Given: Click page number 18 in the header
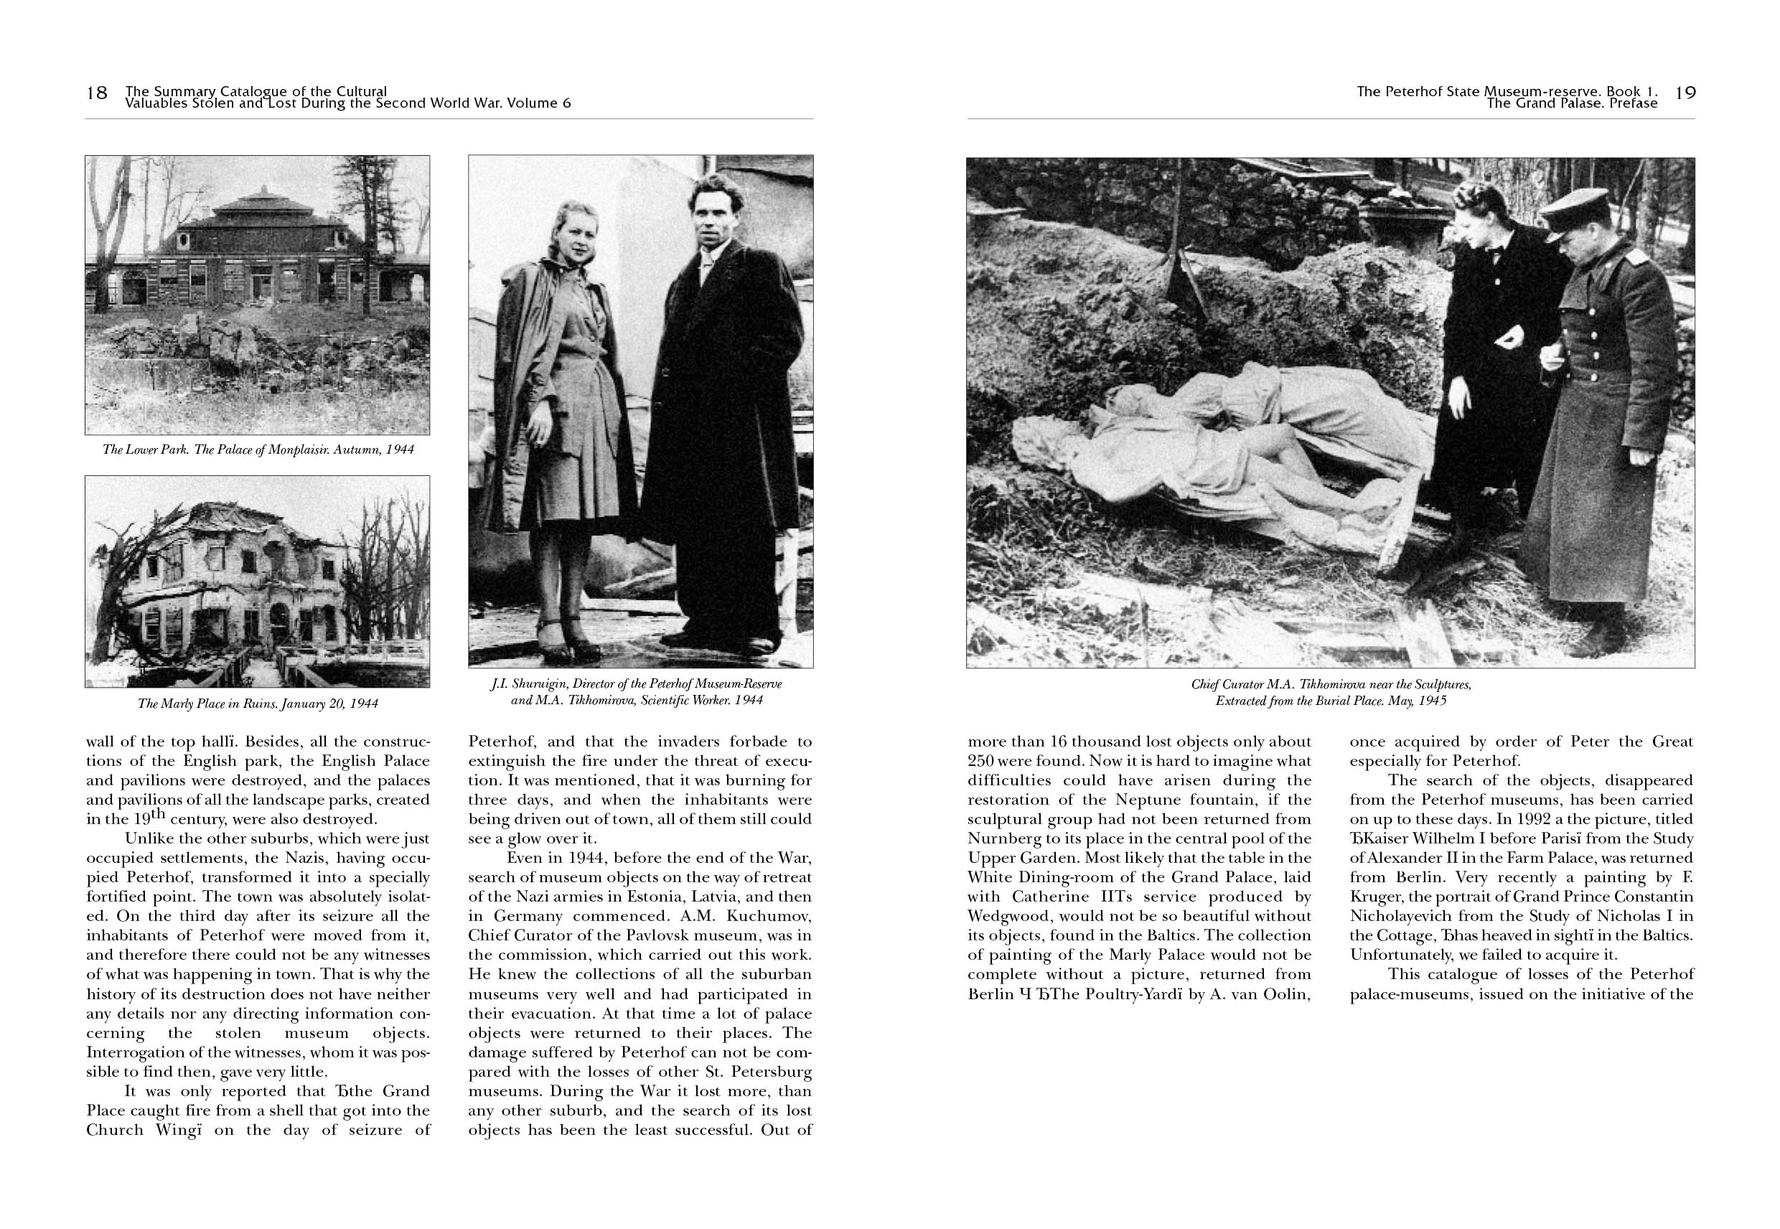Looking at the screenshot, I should click(x=96, y=93).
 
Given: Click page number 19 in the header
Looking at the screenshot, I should click(x=1685, y=93).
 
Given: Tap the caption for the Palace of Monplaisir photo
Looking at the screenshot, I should click(x=258, y=449).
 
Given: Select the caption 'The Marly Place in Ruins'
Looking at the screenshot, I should click(x=258, y=703).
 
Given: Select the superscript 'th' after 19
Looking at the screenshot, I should click(x=159, y=814).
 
